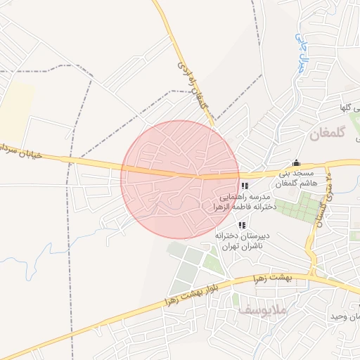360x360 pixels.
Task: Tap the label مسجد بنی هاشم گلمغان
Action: pos(297,178)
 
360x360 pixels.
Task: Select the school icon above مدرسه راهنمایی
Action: pos(244,186)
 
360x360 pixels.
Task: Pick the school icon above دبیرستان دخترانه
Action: pos(242,226)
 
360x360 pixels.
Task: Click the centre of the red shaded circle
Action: pos(181,179)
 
